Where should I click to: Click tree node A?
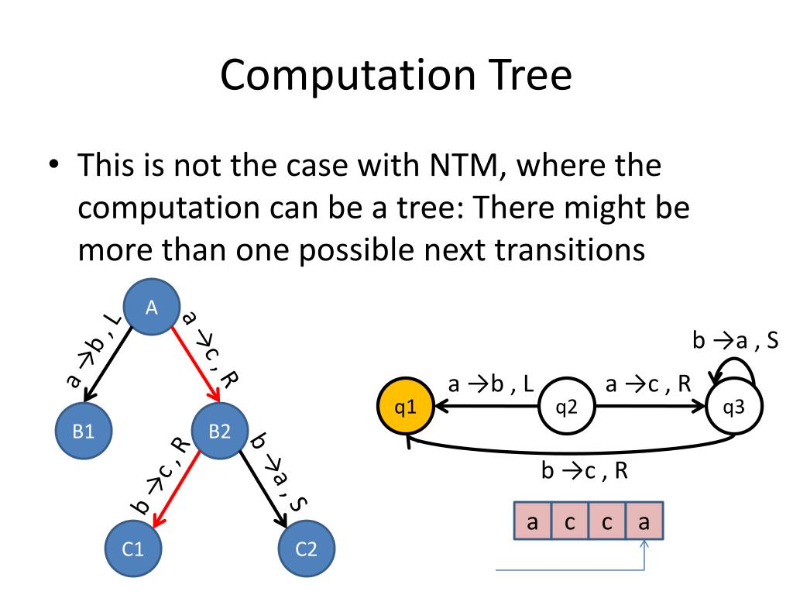152,308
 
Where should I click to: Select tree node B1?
83,432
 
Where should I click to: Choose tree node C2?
307,549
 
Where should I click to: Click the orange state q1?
404,406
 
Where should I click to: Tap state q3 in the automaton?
734,406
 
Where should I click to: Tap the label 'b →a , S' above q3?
734,341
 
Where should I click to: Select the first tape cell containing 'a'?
533,521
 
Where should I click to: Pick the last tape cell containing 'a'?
644,521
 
